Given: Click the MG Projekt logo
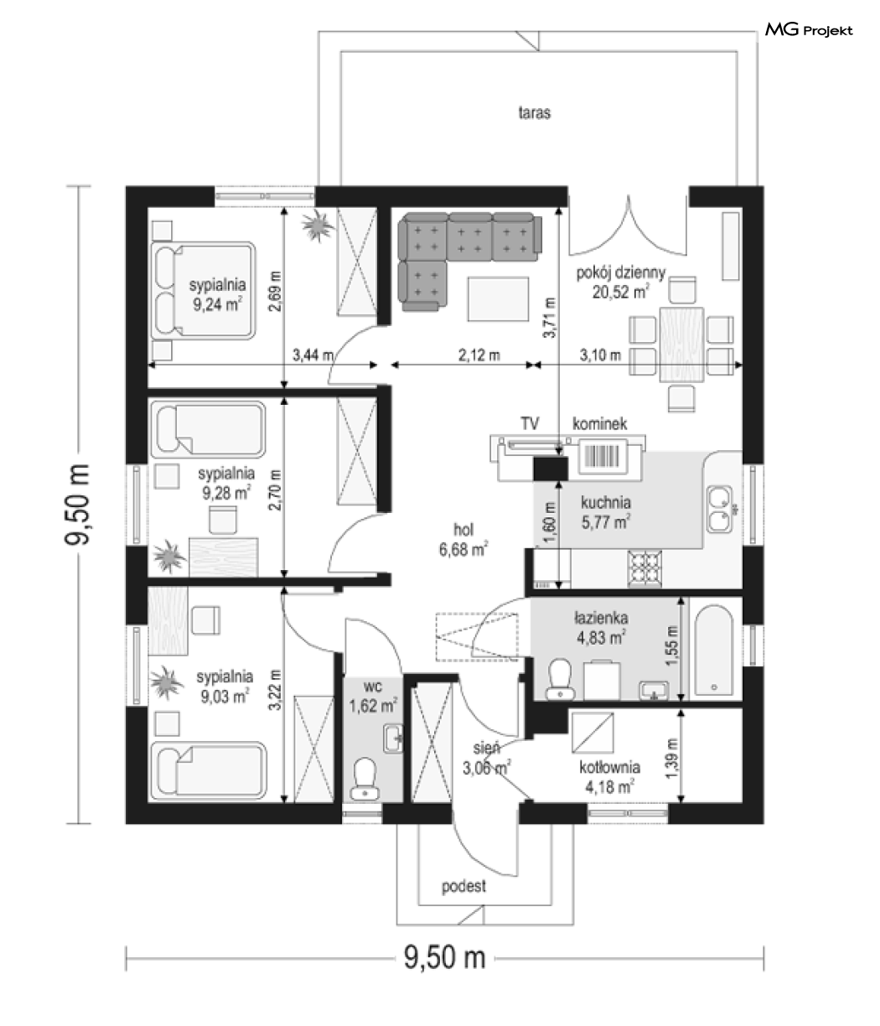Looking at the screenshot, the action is (x=809, y=30).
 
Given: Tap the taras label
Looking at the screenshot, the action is (x=535, y=112).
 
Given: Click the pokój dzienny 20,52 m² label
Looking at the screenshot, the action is (x=620, y=282).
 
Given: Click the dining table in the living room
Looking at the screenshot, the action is (x=681, y=345).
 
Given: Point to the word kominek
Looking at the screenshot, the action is (x=599, y=423).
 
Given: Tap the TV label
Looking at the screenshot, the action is (x=530, y=423).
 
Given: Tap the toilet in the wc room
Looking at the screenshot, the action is (x=365, y=779).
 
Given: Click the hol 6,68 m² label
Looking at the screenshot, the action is (x=463, y=540).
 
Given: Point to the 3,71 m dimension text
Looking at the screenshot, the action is (x=550, y=318).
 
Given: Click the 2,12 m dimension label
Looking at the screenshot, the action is (x=479, y=355).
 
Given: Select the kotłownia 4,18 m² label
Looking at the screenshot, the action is (x=609, y=777).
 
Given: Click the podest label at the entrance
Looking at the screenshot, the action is (x=463, y=886).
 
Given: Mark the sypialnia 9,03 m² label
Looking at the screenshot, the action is (x=225, y=687).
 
